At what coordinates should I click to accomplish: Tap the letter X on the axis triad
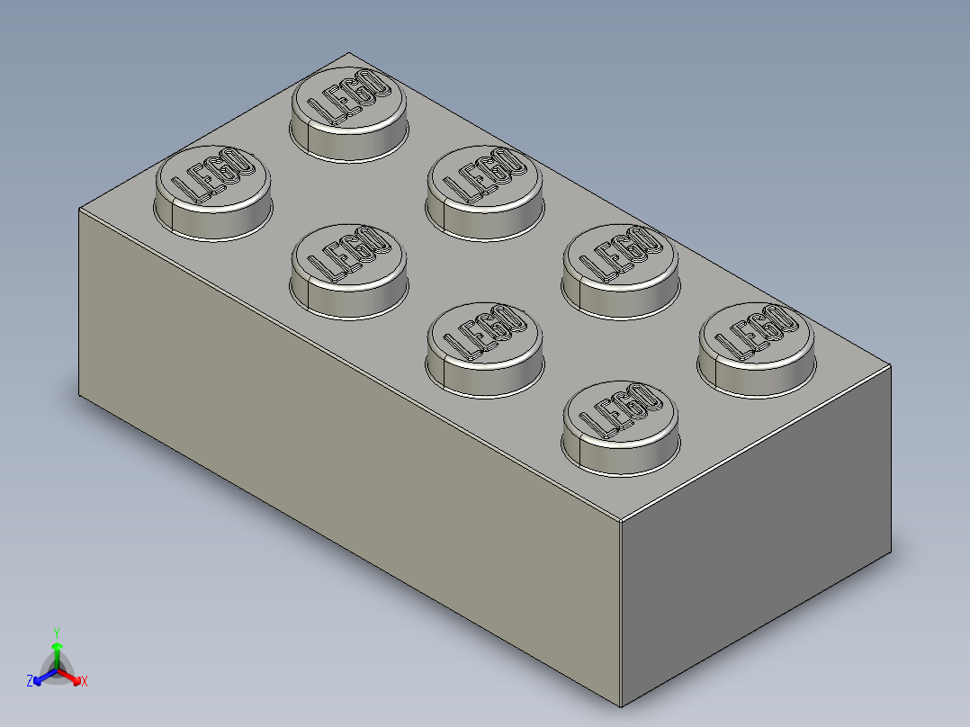pos(85,682)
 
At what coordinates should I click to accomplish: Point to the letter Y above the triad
pos(56,632)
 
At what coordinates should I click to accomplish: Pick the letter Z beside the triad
pos(30,681)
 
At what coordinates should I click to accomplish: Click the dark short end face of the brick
pos(756,540)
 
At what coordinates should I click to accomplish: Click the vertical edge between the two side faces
pos(621,612)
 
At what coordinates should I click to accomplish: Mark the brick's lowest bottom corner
pos(621,706)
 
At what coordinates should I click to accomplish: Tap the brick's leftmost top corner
pos(79,208)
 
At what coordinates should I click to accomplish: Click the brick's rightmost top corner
pos(891,366)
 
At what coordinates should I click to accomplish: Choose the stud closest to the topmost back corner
pos(347,112)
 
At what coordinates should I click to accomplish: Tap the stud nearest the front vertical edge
pos(619,426)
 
